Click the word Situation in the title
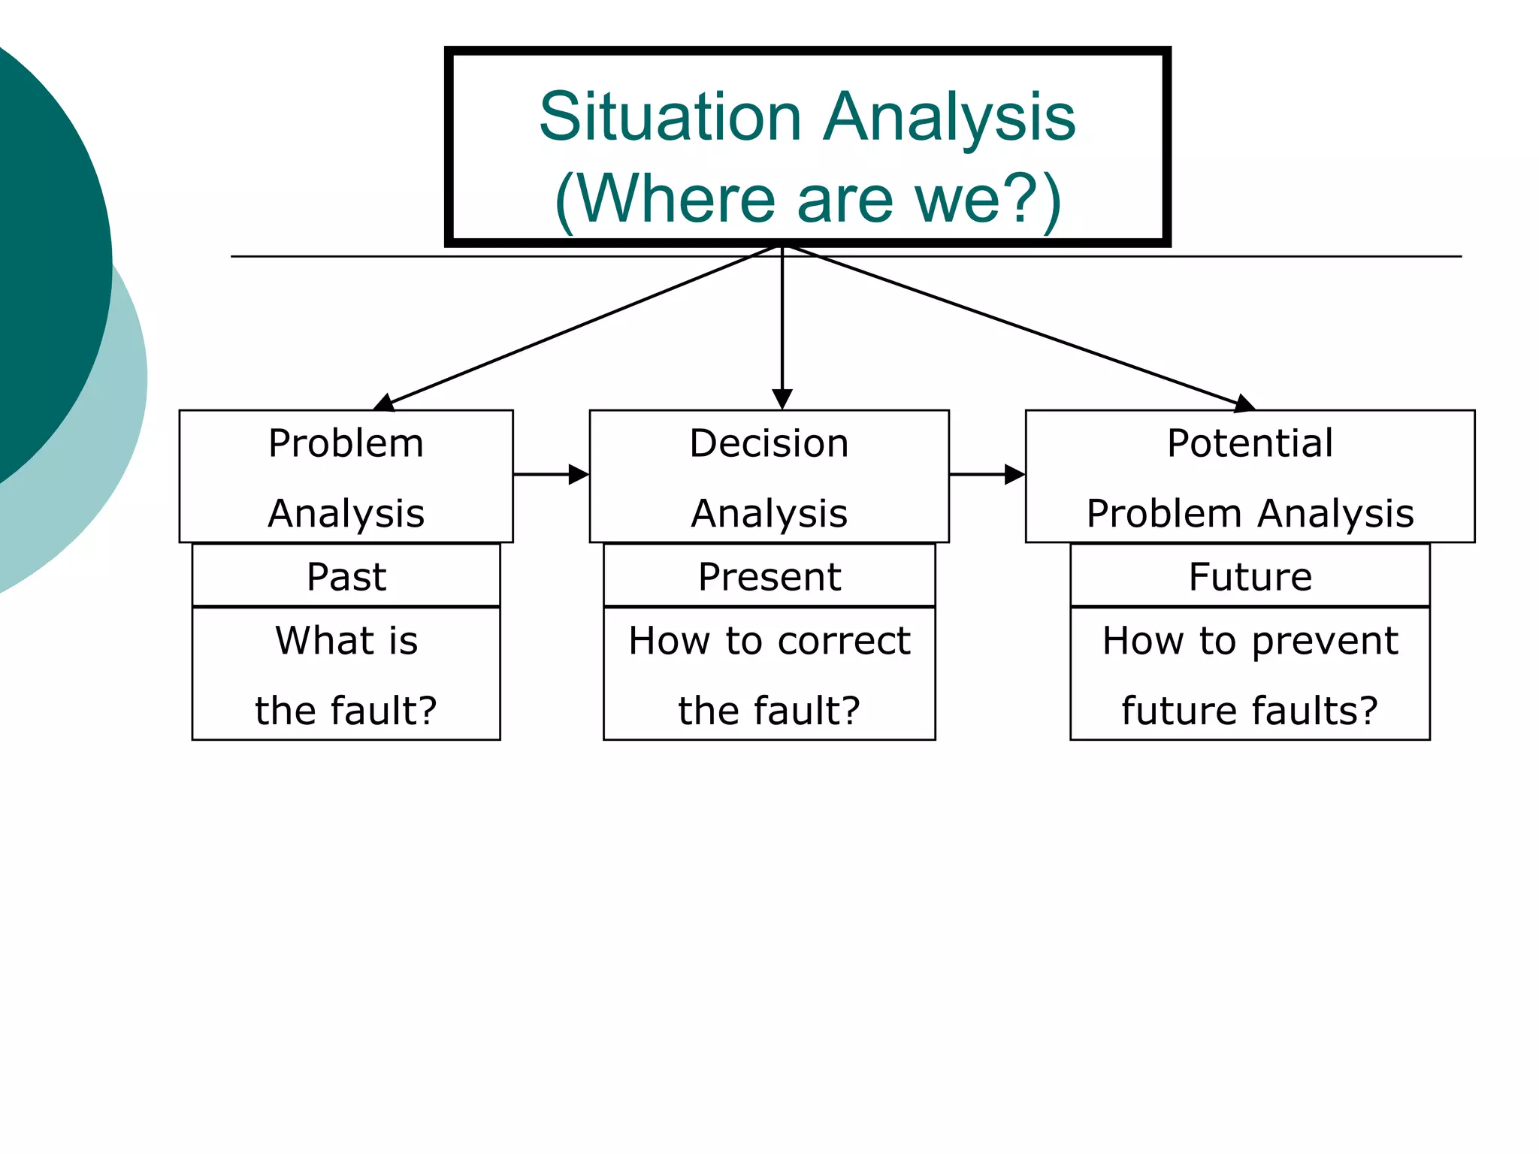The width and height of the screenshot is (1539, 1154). [x=670, y=117]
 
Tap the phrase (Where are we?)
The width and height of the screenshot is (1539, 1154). [x=808, y=199]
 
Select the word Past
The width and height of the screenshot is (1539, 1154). [x=346, y=577]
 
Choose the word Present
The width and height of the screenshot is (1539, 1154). [x=769, y=577]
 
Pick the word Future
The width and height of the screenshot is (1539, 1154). [x=1250, y=577]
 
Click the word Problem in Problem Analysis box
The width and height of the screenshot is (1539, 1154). [x=346, y=443]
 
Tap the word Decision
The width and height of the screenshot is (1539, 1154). [x=769, y=443]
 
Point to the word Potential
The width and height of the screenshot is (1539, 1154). [x=1250, y=443]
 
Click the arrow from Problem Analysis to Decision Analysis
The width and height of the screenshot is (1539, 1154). [x=551, y=474]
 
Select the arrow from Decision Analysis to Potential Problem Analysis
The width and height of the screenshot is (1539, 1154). [x=987, y=474]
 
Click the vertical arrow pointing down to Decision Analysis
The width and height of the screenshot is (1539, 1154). [x=782, y=331]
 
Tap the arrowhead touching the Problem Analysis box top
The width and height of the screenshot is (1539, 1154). [x=384, y=403]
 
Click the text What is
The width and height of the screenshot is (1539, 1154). [x=346, y=641]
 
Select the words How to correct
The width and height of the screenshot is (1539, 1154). [x=769, y=641]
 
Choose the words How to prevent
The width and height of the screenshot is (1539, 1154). [x=1250, y=641]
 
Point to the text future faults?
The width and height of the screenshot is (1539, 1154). [x=1250, y=711]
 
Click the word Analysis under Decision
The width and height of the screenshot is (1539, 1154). [x=769, y=514]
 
